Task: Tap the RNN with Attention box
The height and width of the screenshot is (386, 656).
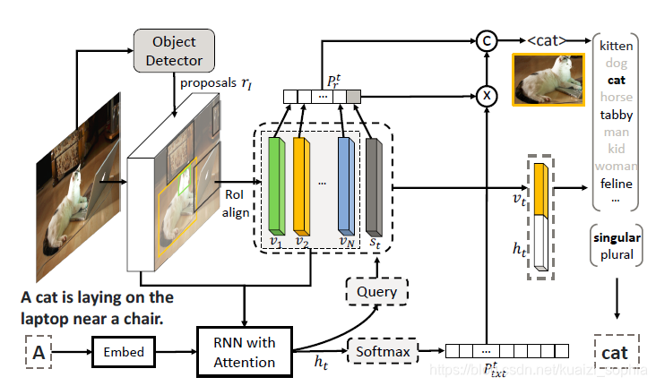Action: coord(244,351)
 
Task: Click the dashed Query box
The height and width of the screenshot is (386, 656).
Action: coord(375,291)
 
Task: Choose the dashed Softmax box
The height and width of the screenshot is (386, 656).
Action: coord(384,352)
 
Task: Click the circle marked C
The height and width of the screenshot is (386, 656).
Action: coord(486,39)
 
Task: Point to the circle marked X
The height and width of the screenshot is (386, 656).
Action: coord(486,94)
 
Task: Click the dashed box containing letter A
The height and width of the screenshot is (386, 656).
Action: coord(39,353)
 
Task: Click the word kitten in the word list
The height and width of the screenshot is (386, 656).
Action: coord(617,45)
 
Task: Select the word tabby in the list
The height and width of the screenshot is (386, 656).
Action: coord(617,115)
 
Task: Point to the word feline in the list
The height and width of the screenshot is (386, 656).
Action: coord(617,184)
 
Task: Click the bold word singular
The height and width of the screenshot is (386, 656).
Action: coord(616,237)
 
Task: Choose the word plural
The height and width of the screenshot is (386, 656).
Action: coord(616,254)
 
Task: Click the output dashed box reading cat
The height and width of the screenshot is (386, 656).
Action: coord(615,353)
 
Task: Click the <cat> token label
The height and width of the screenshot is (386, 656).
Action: coord(548,39)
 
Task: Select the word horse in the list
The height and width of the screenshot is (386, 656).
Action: coord(617,97)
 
